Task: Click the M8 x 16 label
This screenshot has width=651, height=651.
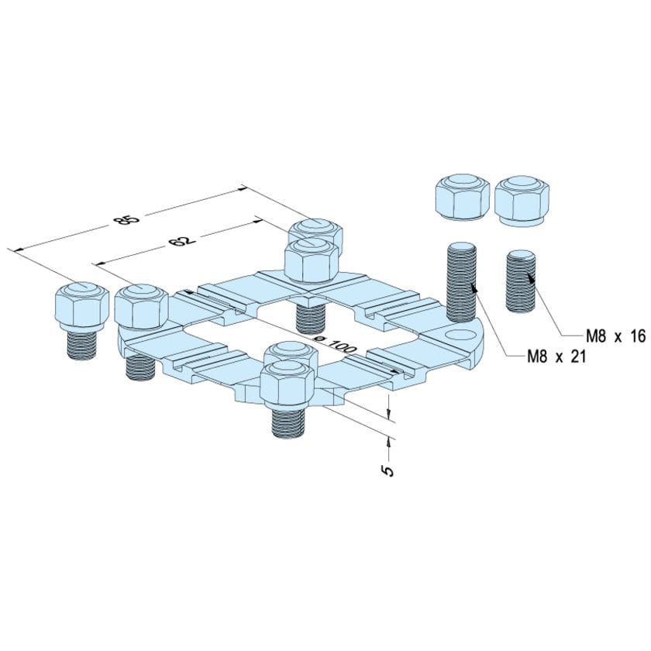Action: click(x=615, y=336)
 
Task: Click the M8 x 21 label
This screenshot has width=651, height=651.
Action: click(x=553, y=356)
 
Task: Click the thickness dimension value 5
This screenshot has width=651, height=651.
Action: click(x=387, y=469)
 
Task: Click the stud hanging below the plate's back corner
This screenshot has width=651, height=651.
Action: click(x=310, y=316)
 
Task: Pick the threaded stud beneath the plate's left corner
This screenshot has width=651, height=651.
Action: click(x=140, y=361)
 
